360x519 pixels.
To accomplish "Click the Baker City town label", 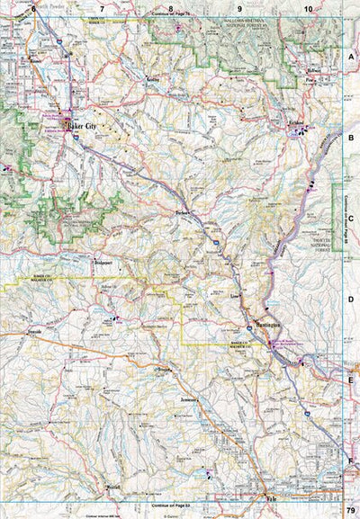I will [84, 128].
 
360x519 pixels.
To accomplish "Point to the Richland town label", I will [296, 120].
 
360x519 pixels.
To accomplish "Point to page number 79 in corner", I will [350, 511].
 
